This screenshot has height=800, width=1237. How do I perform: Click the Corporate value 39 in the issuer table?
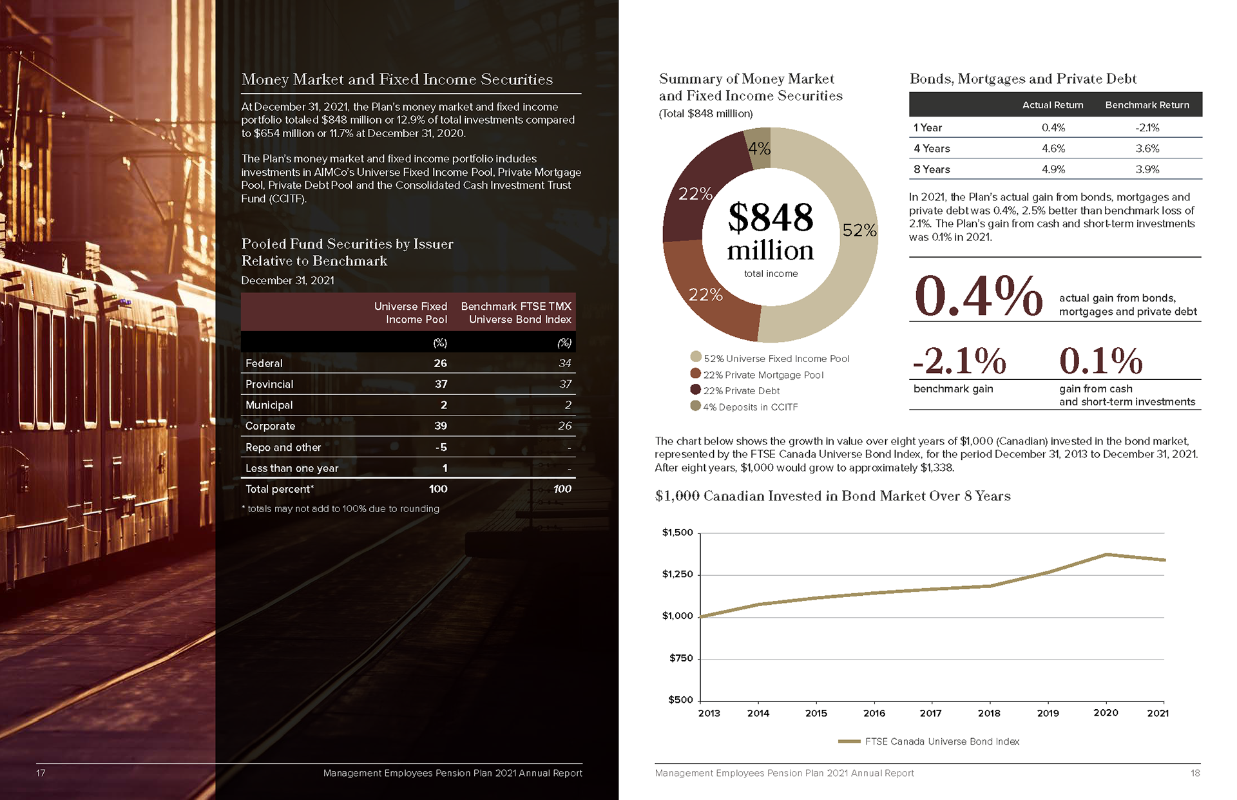tap(441, 426)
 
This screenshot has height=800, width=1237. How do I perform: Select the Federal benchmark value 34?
tap(564, 363)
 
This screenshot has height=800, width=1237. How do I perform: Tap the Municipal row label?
tap(269, 405)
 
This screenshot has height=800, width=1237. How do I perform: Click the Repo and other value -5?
tap(441, 447)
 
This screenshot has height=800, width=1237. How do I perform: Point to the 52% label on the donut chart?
tap(859, 230)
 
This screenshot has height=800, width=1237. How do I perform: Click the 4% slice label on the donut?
tap(759, 149)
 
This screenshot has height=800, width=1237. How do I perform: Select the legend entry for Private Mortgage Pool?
tap(763, 375)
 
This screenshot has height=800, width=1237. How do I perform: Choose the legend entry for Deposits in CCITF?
tap(750, 407)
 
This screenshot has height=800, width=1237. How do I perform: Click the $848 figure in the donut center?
tap(771, 218)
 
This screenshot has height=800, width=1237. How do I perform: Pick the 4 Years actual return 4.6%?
tap(1053, 149)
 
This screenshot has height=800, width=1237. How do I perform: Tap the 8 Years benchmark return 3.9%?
tap(1147, 169)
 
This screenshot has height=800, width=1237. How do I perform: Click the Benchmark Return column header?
tap(1147, 105)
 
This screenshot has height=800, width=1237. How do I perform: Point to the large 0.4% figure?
tap(978, 296)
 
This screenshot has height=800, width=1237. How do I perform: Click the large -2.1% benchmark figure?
tap(959, 361)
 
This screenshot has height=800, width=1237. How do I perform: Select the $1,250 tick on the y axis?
tap(677, 575)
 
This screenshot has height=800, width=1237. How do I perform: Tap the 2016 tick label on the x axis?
tap(874, 713)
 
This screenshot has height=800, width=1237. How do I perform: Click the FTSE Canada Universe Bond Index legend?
tap(941, 741)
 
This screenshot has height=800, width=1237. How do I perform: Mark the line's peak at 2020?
tap(1106, 555)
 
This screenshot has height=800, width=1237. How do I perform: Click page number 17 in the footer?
tap(41, 773)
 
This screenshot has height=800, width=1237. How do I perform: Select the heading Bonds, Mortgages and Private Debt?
tap(1022, 79)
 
